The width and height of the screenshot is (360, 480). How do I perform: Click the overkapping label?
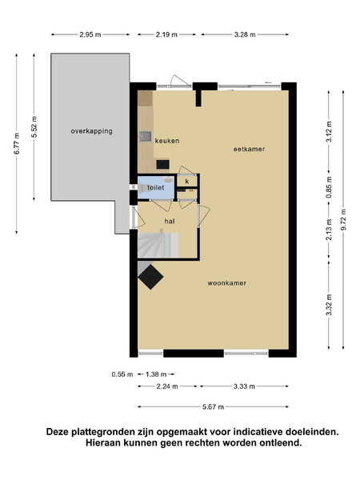91,131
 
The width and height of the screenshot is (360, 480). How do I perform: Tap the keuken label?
167,141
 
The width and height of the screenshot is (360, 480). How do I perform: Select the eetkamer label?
249,149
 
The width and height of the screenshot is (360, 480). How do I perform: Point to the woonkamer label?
227,283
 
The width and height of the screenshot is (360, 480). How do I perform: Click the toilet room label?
156,187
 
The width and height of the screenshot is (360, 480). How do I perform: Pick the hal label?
170,221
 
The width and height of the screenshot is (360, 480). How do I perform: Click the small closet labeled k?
187,182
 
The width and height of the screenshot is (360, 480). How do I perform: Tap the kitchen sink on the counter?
146,136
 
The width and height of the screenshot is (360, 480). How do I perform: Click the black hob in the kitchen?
162,164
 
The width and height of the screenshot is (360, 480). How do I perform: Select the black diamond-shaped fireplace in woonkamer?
150,277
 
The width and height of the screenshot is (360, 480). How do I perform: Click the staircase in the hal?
158,245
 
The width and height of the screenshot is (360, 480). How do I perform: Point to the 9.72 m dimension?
343,220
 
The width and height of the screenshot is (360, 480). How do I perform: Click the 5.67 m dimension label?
213,407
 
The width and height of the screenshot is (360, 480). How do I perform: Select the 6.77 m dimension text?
17,143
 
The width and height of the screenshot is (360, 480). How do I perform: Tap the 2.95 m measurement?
90,34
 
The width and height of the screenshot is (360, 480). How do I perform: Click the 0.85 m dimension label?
329,187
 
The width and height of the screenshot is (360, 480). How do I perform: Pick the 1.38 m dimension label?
156,374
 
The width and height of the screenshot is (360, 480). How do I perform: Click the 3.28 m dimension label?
245,34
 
